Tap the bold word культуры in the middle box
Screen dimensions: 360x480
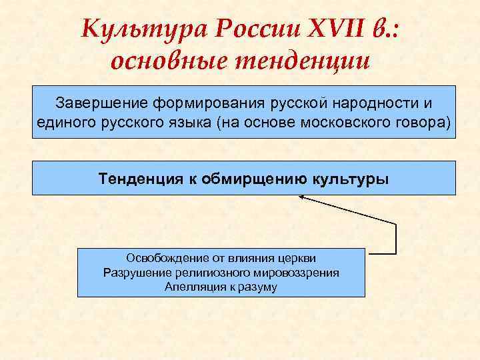(x=350, y=179)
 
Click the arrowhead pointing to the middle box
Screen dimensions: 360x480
(x=302, y=197)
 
